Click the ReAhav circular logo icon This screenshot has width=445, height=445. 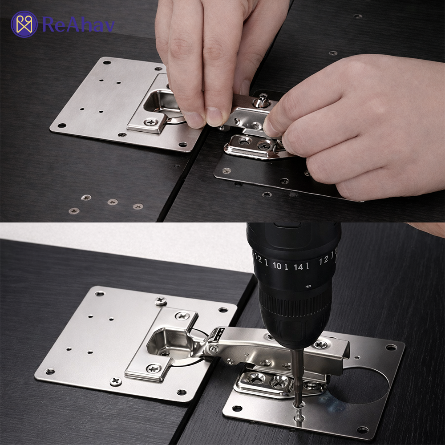(x=24, y=24)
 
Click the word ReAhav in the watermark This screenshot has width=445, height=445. (x=78, y=24)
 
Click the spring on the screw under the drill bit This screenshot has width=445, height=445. (x=299, y=413)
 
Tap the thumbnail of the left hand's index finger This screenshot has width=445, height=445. (x=214, y=116)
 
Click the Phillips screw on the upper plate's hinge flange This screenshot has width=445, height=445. (x=151, y=123)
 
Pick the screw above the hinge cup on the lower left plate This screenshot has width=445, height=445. (x=182, y=316)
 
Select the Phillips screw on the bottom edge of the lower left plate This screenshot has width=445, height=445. (x=116, y=381)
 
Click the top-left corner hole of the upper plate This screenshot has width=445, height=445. (x=107, y=62)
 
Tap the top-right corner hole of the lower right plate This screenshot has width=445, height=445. (x=391, y=347)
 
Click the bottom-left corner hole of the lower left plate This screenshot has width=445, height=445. (x=50, y=371)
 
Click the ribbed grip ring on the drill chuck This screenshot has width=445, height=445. (x=295, y=303)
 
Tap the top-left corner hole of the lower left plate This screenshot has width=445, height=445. (x=100, y=293)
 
